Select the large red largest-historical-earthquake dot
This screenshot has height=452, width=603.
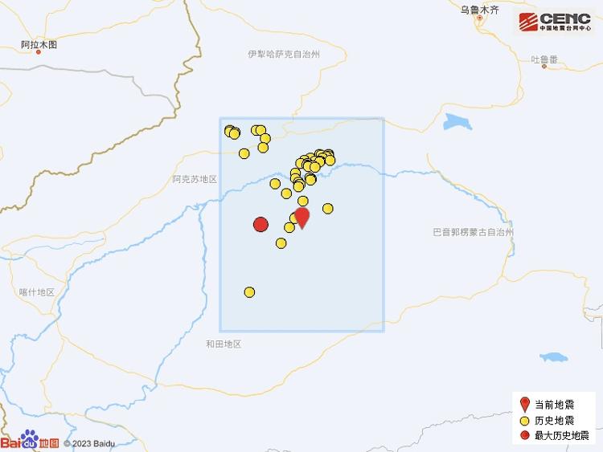[260, 225]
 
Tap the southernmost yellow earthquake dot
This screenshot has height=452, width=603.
[249, 292]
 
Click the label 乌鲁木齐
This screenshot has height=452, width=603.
[479, 10]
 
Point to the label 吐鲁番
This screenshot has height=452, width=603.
[544, 59]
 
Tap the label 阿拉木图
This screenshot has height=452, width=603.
[39, 45]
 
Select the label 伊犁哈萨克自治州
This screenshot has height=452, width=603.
[285, 54]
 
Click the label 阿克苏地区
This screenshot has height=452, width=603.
[195, 180]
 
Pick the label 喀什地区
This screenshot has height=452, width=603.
[36, 292]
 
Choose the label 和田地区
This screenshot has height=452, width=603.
[223, 344]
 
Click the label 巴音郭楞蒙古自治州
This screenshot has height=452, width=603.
[473, 232]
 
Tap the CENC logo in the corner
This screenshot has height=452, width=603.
[555, 22]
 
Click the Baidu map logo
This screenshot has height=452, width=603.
[30, 441]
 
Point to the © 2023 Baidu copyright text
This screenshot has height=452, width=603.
[89, 442]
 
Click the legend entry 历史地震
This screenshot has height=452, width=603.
[554, 421]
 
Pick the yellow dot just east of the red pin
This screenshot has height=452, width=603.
[328, 209]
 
